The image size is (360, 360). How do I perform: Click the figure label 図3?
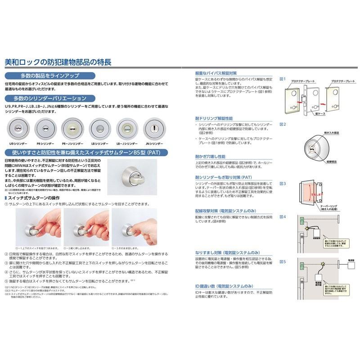[283, 184]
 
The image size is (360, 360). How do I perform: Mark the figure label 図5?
[283, 261]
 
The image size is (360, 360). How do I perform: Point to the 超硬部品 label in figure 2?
[333, 161]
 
